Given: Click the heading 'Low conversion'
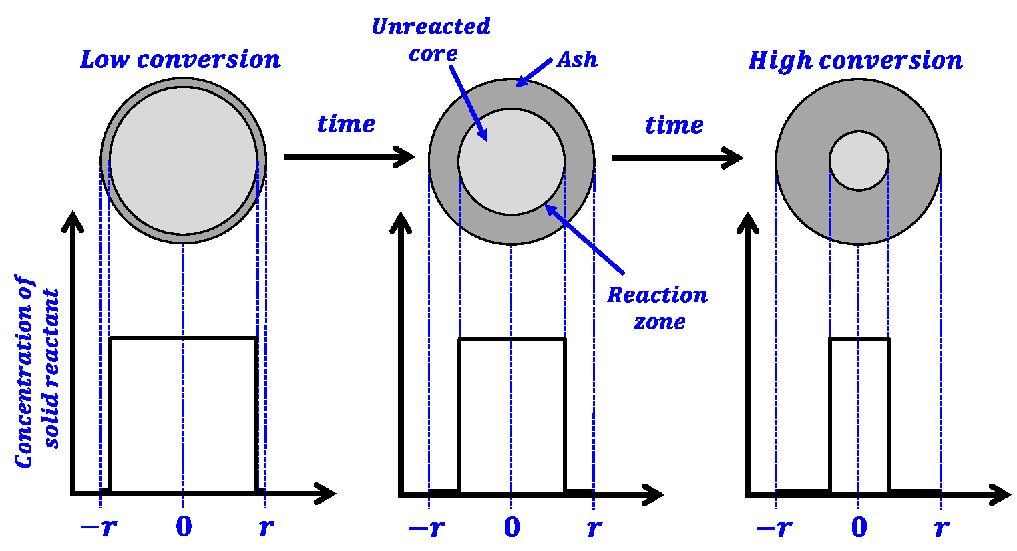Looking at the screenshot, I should tap(180, 59).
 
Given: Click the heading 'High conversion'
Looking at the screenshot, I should tap(855, 60).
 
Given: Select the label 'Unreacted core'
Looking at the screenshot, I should tap(431, 40).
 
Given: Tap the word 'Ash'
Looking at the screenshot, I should tap(576, 60).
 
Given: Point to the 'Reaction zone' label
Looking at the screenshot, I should tap(657, 308).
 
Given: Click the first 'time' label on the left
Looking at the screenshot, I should tap(346, 124).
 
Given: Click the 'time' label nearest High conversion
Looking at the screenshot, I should tap(674, 124).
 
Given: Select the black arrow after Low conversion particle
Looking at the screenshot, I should tap(349, 157).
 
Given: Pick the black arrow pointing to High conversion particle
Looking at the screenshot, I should tap(676, 158).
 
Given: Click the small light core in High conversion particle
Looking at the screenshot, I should tap(859, 161).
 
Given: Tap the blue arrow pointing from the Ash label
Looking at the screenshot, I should tap(534, 73).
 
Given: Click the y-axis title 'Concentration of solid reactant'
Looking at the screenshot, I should tap(37, 371).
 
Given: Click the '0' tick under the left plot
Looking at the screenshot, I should tap(183, 527).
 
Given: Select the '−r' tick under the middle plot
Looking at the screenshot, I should tap(427, 528).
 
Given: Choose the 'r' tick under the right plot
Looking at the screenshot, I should tap(941, 528).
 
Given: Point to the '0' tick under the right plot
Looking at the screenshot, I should tap(859, 528).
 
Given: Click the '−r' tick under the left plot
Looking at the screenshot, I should tap(99, 527).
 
